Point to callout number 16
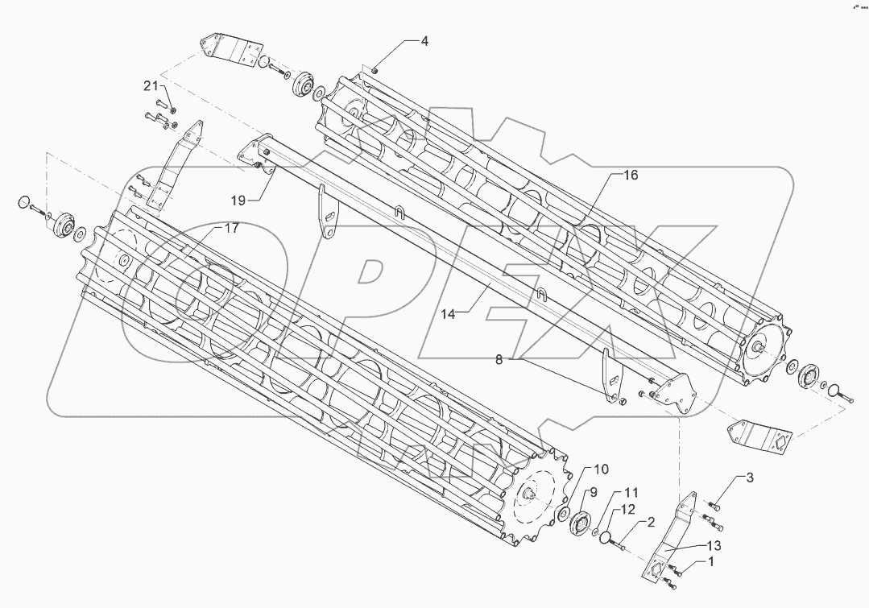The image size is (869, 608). (631, 175)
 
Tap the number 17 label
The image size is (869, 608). (231, 229)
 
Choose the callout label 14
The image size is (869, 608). (448, 314)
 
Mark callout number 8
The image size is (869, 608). (499, 361)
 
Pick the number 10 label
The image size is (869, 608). (602, 469)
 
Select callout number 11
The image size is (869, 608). (631, 491)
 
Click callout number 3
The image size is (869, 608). (749, 478)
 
